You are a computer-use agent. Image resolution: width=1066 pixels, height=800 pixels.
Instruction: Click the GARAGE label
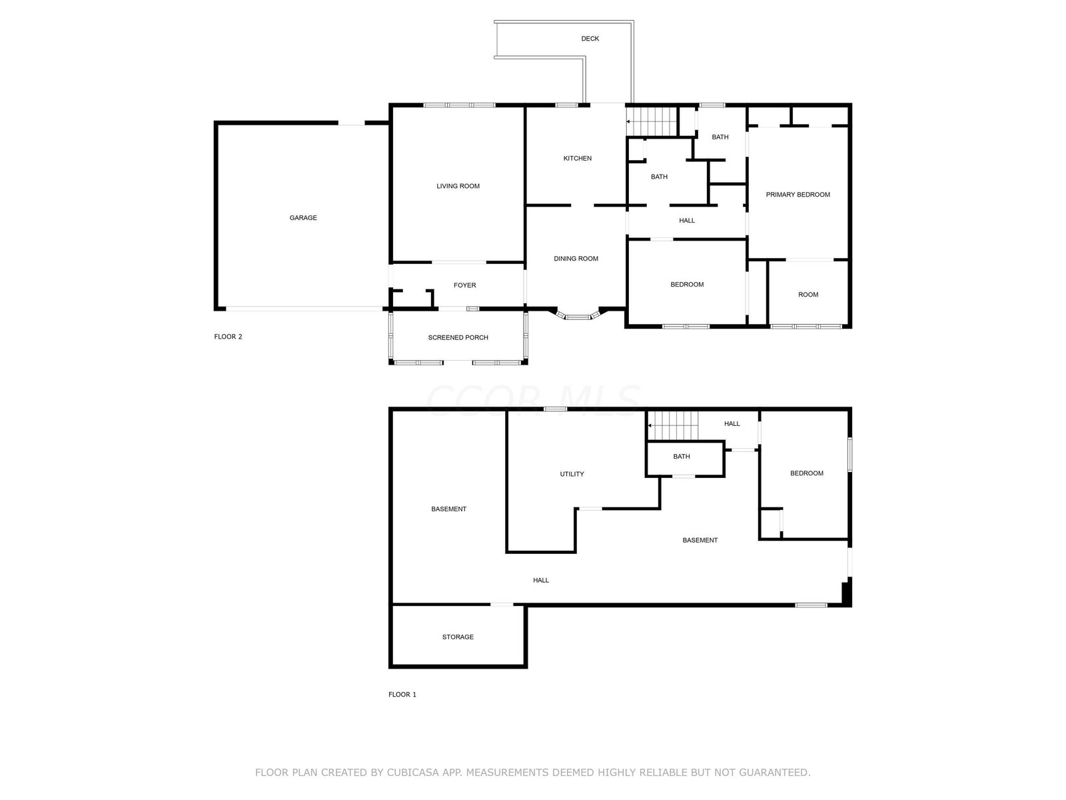(303, 217)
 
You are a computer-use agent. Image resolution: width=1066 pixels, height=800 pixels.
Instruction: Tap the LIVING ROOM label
(458, 186)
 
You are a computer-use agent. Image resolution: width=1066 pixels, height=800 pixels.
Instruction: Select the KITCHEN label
(577, 159)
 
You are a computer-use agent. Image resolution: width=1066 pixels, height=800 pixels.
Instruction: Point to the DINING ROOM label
(576, 259)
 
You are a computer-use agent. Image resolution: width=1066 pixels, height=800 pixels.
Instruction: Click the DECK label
(590, 39)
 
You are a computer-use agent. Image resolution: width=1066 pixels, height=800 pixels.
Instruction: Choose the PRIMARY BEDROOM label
(798, 195)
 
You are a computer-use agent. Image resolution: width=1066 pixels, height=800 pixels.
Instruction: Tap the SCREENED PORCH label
(458, 337)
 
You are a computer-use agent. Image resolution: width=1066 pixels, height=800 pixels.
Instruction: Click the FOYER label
(464, 285)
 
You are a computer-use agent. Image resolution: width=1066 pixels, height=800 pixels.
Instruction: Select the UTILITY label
(572, 474)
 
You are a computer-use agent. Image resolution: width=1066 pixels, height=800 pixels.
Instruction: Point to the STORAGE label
(458, 637)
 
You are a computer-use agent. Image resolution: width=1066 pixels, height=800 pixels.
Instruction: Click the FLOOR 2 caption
(228, 337)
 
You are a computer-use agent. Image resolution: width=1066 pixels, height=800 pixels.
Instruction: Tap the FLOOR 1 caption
(402, 695)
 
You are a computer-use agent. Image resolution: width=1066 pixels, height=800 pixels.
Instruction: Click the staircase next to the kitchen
(651, 121)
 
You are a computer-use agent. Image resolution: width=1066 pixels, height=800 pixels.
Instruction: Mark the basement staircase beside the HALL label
(673, 425)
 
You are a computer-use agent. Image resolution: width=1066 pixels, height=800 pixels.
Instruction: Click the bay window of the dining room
(578, 316)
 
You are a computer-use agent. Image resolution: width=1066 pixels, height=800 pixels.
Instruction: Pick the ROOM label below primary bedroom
(807, 295)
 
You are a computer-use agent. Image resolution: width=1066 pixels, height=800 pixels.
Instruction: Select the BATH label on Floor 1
(681, 457)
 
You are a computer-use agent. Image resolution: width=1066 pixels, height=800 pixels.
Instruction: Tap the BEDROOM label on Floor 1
(806, 473)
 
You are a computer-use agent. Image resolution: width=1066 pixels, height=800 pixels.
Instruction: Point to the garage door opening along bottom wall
(304, 309)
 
